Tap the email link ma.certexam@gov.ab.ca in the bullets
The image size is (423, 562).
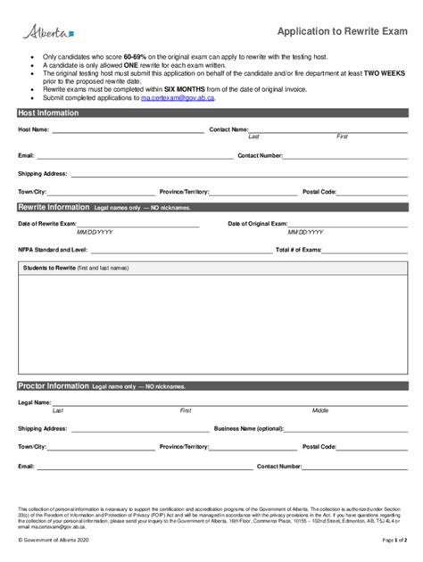(177, 97)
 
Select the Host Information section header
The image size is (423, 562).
(50, 113)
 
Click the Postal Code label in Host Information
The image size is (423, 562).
(319, 192)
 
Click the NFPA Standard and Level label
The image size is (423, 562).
(53, 250)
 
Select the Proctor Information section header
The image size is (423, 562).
(54, 386)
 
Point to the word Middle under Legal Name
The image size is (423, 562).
(319, 410)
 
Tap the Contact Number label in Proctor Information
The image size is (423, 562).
(278, 466)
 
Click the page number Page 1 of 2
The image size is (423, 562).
(394, 541)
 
